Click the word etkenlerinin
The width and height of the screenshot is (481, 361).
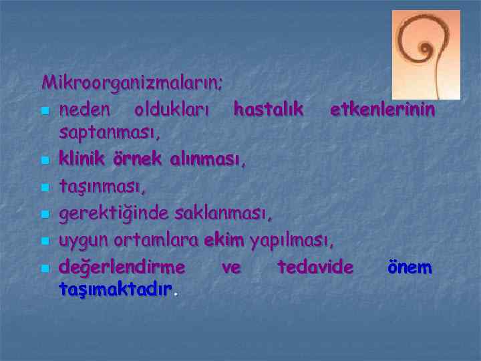coord(383,108)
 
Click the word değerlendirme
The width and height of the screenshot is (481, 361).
coord(122,267)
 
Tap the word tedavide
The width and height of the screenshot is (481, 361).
coord(315,267)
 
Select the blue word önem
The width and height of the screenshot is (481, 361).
coord(410,267)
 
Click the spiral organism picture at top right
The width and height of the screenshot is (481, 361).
coord(426,54)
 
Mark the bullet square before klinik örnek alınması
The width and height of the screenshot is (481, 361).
coord(45,161)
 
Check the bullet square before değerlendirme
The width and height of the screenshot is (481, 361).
coord(45,269)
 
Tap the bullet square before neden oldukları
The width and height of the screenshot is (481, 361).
coord(45,110)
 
